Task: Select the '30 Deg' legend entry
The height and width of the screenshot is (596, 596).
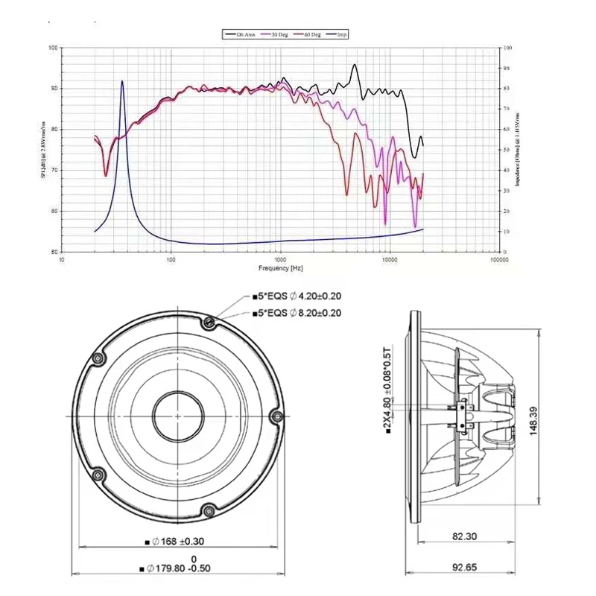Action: pyautogui.click(x=280, y=34)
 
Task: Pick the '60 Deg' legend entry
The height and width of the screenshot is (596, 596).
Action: pyautogui.click(x=311, y=34)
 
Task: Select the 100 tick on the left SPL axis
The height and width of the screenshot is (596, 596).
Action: pyautogui.click(x=52, y=48)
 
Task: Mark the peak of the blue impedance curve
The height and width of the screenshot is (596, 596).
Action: pyautogui.click(x=122, y=81)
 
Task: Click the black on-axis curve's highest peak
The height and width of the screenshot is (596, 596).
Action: pyautogui.click(x=355, y=65)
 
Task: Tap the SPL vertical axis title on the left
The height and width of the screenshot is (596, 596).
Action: pyautogui.click(x=44, y=149)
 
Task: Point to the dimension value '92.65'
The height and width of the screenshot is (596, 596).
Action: pyautogui.click(x=463, y=568)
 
